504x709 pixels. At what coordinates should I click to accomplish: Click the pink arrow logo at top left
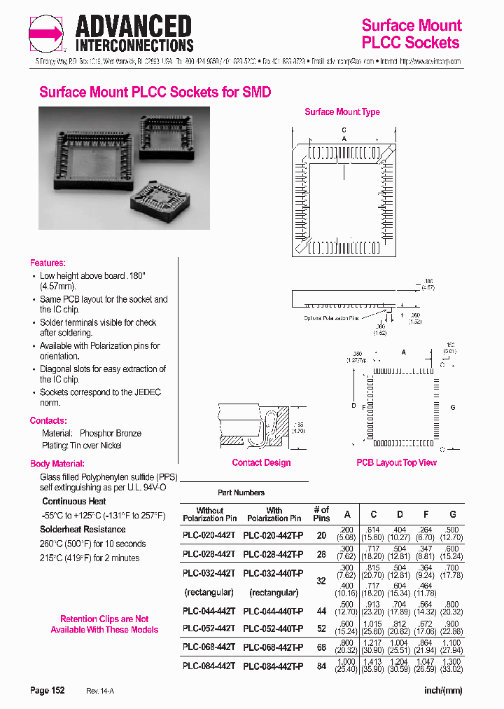pyautogui.click(x=46, y=34)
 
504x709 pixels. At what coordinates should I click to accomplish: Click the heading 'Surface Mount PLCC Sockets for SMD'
pyautogui.click(x=155, y=92)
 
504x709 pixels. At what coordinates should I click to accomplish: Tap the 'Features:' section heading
pyautogui.click(x=48, y=263)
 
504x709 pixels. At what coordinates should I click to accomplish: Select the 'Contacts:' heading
pyautogui.click(x=48, y=420)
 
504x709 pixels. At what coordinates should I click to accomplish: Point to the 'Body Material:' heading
pyautogui.click(x=57, y=464)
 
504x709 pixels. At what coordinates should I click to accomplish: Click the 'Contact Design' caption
pyautogui.click(x=261, y=462)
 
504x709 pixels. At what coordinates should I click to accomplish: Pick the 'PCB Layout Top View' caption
pyautogui.click(x=396, y=462)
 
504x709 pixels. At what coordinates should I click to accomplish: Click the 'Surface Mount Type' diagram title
pyautogui.click(x=342, y=112)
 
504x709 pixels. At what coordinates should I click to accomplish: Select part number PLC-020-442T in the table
pyautogui.click(x=209, y=535)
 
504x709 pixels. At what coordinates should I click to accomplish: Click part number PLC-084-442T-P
pyautogui.click(x=273, y=666)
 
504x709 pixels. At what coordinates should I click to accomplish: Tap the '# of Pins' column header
pyautogui.click(x=321, y=514)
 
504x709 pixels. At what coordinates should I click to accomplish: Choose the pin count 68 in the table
pyautogui.click(x=321, y=647)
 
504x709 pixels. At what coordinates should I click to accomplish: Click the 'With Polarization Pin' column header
pyautogui.click(x=274, y=514)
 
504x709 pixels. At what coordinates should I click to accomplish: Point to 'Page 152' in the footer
pyautogui.click(x=48, y=691)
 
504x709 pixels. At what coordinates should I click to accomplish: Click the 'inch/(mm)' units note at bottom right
pyautogui.click(x=443, y=691)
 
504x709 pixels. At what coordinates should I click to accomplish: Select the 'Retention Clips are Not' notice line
pyautogui.click(x=104, y=619)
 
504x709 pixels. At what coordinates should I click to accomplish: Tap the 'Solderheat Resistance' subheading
pyautogui.click(x=83, y=530)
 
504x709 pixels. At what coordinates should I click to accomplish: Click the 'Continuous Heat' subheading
pyautogui.click(x=74, y=501)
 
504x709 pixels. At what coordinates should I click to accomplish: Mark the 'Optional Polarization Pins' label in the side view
pyautogui.click(x=330, y=317)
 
